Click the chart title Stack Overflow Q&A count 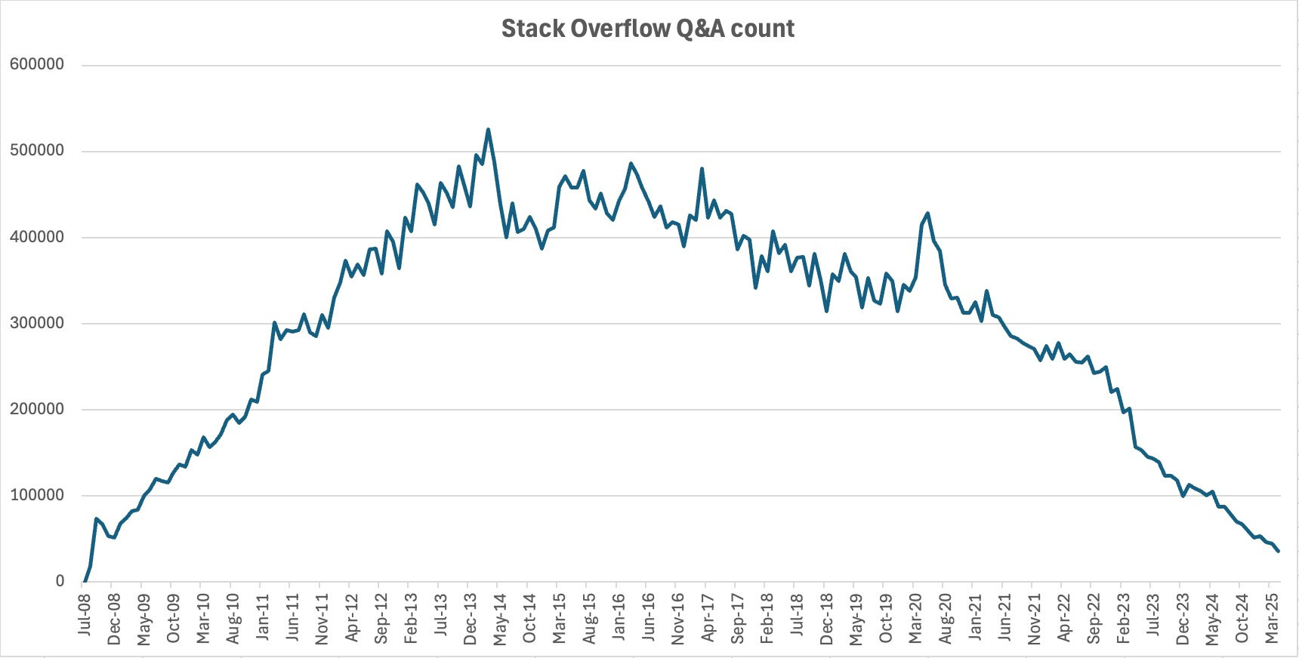point(648,29)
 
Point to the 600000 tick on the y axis point(36,65)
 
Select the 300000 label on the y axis point(36,323)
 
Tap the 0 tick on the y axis point(60,581)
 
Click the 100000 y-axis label point(36,495)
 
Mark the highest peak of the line point(488,130)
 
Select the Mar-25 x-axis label point(1272,618)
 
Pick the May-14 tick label point(499,619)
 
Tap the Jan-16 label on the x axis point(618,617)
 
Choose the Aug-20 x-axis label point(945,618)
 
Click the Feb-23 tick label point(1123,618)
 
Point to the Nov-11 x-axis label point(322,618)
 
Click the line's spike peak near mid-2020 point(927,214)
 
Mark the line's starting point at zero point(84,581)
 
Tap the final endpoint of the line point(1278,552)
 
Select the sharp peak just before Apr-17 point(702,169)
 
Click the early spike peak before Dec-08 point(96,519)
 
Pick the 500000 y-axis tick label point(36,151)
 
